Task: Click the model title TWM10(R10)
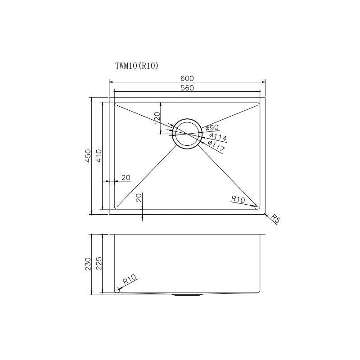(x=137, y=66)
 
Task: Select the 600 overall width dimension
(x=187, y=78)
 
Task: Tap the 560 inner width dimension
(x=187, y=88)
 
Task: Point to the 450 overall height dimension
(x=88, y=156)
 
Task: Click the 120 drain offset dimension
(x=157, y=118)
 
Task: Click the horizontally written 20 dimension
(x=126, y=177)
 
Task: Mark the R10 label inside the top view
(x=238, y=198)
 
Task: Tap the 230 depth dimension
(x=88, y=264)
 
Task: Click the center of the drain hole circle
(x=187, y=134)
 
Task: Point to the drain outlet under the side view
(x=187, y=295)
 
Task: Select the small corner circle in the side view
(x=117, y=290)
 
